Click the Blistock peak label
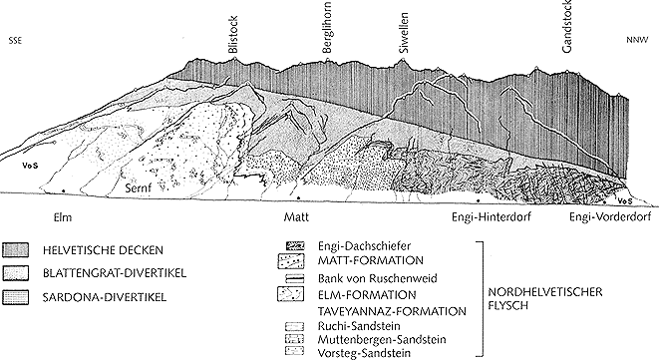(233, 35)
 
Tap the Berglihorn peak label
(327, 27)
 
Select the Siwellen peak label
(403, 32)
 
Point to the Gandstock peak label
(566, 26)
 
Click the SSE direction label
(15, 41)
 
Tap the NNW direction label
(635, 40)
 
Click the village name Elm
(63, 217)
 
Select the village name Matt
(296, 217)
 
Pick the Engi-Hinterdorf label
(492, 217)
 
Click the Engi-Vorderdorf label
(610, 217)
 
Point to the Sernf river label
(138, 188)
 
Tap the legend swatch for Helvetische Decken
(16, 250)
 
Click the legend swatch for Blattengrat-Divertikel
(16, 273)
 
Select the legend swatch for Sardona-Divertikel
(16, 297)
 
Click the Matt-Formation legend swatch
(291, 260)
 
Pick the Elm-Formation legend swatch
(291, 294)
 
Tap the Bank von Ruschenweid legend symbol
(295, 278)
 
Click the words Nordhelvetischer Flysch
(545, 298)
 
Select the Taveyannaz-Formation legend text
(392, 312)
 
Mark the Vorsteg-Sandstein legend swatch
(294, 350)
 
